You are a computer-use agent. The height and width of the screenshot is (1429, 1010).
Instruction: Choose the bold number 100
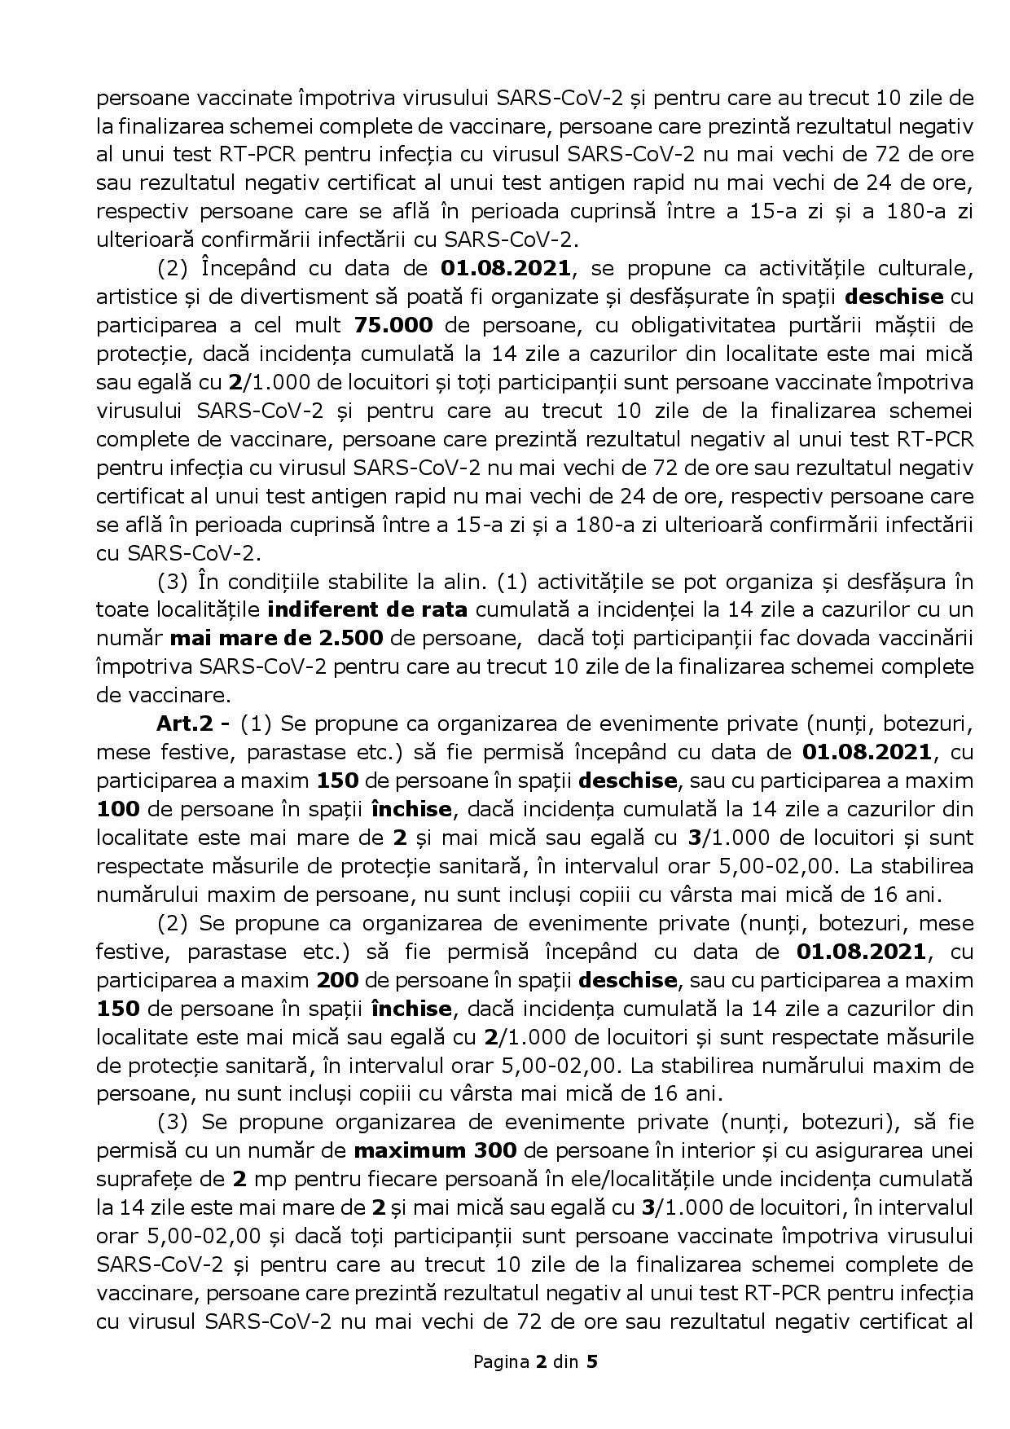[x=117, y=809]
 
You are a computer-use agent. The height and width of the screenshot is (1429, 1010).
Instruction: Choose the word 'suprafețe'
[x=155, y=1179]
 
